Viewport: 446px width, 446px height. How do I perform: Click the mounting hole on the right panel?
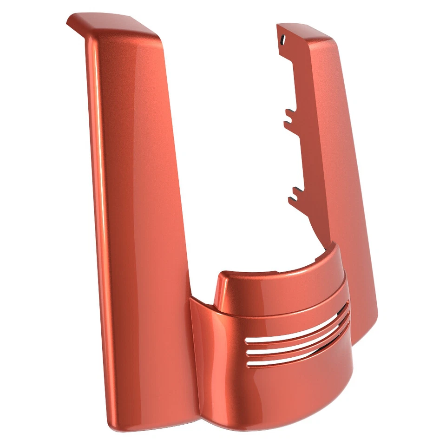(x=282, y=42)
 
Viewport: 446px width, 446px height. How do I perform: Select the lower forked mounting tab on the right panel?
(x=293, y=194)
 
